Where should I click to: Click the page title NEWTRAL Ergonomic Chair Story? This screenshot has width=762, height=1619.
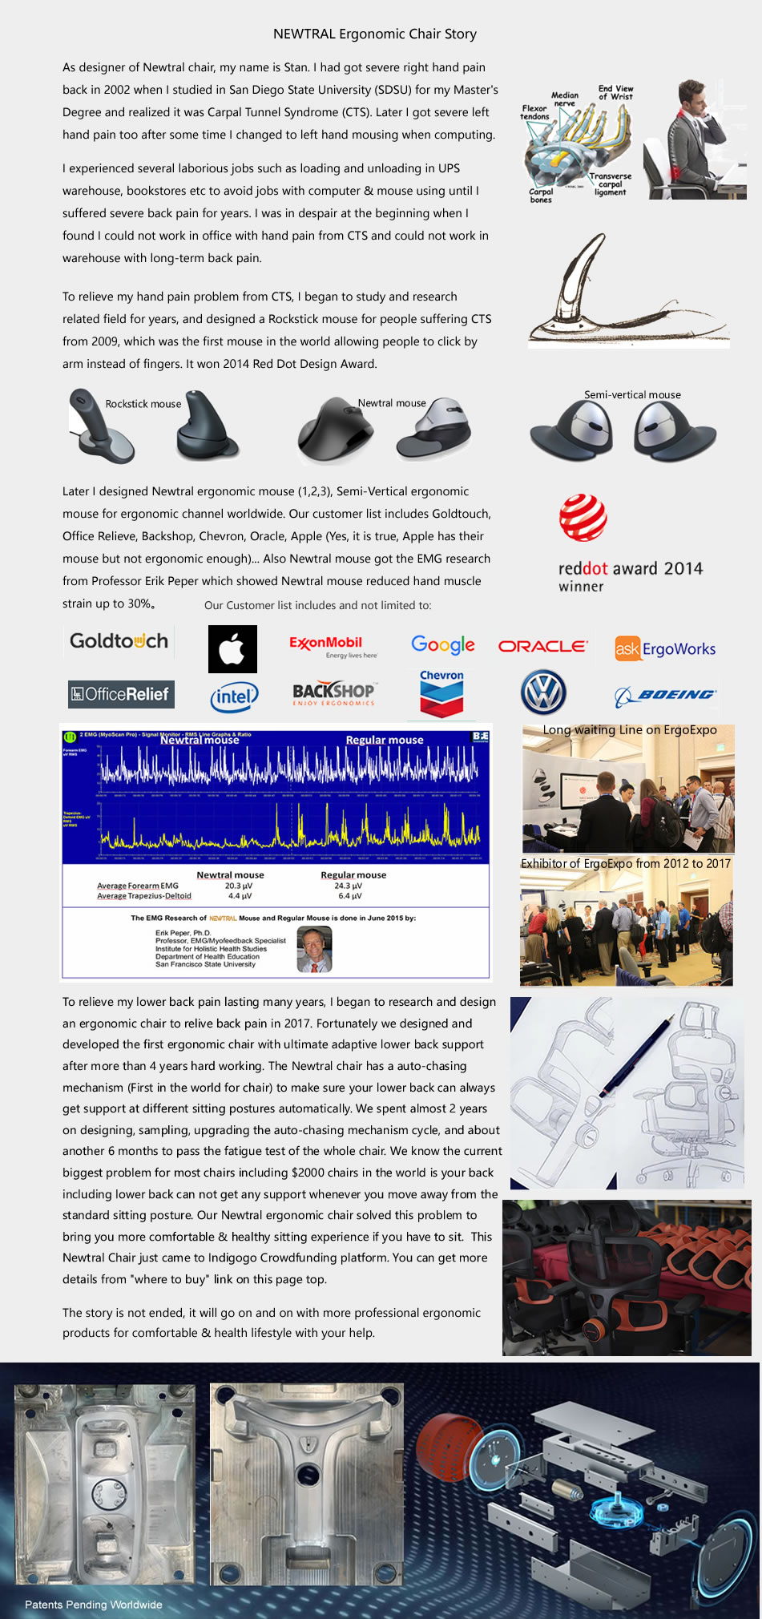(x=374, y=34)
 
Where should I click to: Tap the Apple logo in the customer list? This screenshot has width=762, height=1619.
(x=232, y=648)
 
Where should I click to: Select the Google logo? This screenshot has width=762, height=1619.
(x=442, y=645)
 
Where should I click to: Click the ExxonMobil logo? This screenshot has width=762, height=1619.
(x=326, y=644)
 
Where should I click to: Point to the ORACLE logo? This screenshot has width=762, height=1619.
(x=542, y=646)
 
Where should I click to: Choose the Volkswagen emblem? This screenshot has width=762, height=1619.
(x=543, y=693)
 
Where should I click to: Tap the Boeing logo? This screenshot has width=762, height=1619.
(x=666, y=695)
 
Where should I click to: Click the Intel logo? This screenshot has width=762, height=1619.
(x=234, y=696)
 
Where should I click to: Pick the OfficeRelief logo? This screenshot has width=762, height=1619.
(x=120, y=694)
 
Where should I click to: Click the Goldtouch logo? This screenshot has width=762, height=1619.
(x=119, y=641)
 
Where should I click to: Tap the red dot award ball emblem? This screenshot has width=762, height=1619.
(x=583, y=518)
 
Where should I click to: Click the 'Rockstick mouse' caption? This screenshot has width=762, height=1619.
(x=143, y=404)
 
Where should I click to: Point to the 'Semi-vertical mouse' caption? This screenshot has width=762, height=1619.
(x=632, y=394)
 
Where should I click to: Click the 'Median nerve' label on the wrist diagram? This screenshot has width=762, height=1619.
(x=565, y=99)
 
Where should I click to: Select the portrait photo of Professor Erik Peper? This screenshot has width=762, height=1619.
(x=314, y=949)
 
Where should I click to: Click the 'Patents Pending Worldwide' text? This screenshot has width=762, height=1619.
(x=94, y=1605)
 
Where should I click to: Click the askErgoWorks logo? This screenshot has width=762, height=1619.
(x=665, y=648)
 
